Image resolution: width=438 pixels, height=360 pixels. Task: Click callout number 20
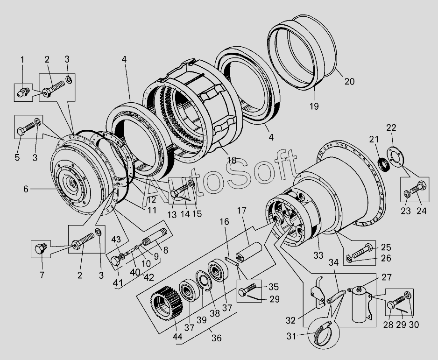coord(350,82)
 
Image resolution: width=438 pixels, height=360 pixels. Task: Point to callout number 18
coord(232,160)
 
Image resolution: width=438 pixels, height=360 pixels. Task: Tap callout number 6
coord(26,189)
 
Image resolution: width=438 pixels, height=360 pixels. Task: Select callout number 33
coord(318,255)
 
